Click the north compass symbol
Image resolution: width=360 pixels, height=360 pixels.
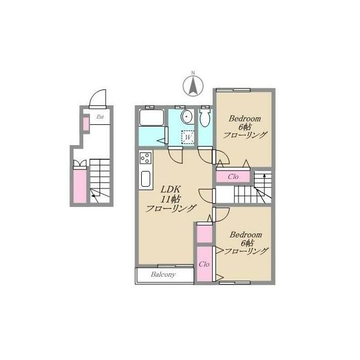[193, 85]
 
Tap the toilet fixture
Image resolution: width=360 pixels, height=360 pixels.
[205, 117]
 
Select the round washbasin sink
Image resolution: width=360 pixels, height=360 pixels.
[186, 116]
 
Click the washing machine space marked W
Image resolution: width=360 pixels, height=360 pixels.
[188, 137]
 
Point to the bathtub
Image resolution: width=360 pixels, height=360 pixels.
[151, 118]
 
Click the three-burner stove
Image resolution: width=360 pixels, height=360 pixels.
[146, 158]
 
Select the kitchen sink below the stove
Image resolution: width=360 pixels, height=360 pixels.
[146, 179]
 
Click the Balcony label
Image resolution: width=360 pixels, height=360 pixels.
[163, 274]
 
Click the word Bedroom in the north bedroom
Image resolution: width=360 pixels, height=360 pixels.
[245, 119]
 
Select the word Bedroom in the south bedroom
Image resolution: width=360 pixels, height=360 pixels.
[246, 235]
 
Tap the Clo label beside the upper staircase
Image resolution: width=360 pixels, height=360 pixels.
[233, 177]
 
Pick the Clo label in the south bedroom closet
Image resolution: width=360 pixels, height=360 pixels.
[204, 264]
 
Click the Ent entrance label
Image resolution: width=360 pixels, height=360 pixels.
[100, 117]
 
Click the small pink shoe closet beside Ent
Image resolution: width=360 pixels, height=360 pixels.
[86, 124]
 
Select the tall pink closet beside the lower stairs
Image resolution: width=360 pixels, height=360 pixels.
[80, 186]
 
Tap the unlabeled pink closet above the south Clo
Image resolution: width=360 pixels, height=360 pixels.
[204, 234]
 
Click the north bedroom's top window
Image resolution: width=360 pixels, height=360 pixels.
[233, 90]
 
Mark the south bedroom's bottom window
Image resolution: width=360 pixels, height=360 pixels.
[235, 282]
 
